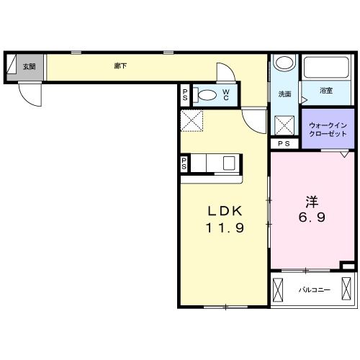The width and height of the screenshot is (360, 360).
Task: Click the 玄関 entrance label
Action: point(30,67)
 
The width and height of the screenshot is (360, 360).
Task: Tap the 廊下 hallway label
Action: point(120,66)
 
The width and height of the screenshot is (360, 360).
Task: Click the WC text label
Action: point(226,95)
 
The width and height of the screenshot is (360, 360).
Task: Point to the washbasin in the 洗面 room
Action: point(284,63)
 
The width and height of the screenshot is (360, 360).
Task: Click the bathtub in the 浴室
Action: point(326,67)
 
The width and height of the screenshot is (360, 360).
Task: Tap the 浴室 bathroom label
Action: point(326,91)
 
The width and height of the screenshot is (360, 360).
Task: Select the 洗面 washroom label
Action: point(284,94)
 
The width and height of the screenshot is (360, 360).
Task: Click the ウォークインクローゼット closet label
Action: point(328,130)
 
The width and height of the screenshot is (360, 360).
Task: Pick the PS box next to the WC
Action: point(185,95)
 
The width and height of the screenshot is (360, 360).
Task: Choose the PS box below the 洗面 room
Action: point(284,144)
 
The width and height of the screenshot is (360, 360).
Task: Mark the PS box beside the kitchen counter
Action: point(184,163)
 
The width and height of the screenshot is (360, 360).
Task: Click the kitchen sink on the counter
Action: point(229,163)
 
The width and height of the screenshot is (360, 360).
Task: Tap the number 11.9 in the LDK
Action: point(225,228)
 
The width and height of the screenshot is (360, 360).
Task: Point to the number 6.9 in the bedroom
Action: point(312,217)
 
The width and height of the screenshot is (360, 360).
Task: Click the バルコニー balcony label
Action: point(315,290)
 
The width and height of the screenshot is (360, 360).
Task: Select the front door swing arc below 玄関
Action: point(27,99)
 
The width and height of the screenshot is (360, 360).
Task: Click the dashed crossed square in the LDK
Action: point(192,121)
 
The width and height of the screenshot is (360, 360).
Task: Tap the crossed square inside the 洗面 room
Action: point(284,125)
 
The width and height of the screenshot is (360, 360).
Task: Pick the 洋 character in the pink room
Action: point(312,202)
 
